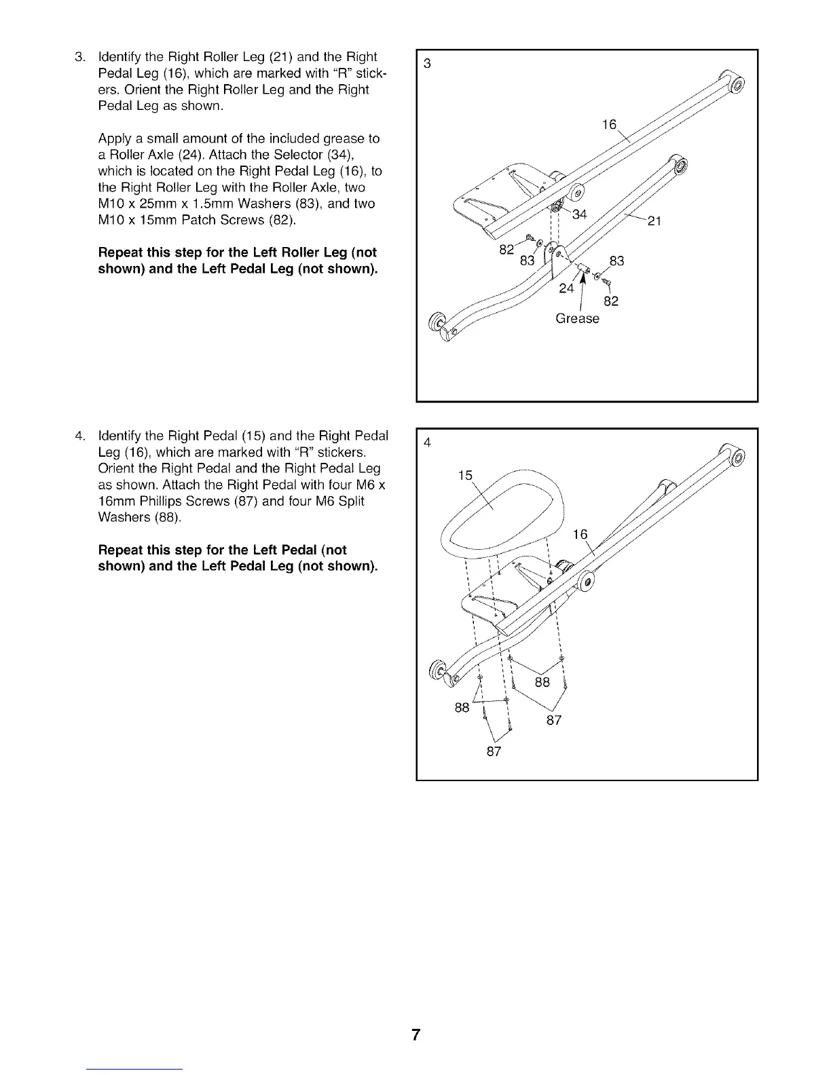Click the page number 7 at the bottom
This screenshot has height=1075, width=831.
point(415,1036)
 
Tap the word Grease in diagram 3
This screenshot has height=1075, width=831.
point(577,318)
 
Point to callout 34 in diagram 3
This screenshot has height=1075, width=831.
point(579,215)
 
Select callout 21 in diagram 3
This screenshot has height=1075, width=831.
point(654,221)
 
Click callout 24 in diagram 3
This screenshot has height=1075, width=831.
point(566,288)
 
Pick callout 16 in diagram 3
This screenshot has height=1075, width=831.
point(610,124)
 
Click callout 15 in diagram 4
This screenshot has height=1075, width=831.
point(465,476)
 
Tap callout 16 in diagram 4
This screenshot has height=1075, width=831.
point(580,535)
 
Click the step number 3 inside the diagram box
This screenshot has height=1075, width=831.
point(427,64)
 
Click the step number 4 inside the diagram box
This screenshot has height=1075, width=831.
point(427,443)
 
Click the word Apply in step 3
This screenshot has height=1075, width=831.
point(113,138)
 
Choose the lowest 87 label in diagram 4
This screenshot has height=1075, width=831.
point(494,751)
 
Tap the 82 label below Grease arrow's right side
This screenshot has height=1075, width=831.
point(611,301)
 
